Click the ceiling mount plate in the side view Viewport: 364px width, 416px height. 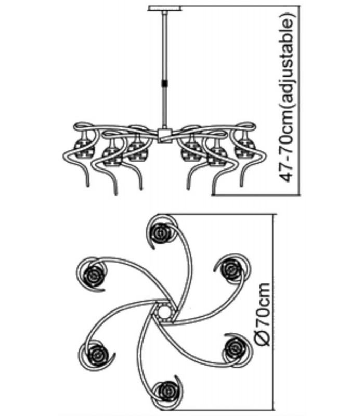[164, 9]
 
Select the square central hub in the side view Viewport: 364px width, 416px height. [165, 136]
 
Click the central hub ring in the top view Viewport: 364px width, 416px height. [163, 311]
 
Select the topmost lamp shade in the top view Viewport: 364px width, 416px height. [161, 232]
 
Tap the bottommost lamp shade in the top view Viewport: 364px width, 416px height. [167, 391]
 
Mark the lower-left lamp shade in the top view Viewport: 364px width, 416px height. [96, 354]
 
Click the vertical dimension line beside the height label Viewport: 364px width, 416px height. [300, 100]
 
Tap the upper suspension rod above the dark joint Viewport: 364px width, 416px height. [165, 46]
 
